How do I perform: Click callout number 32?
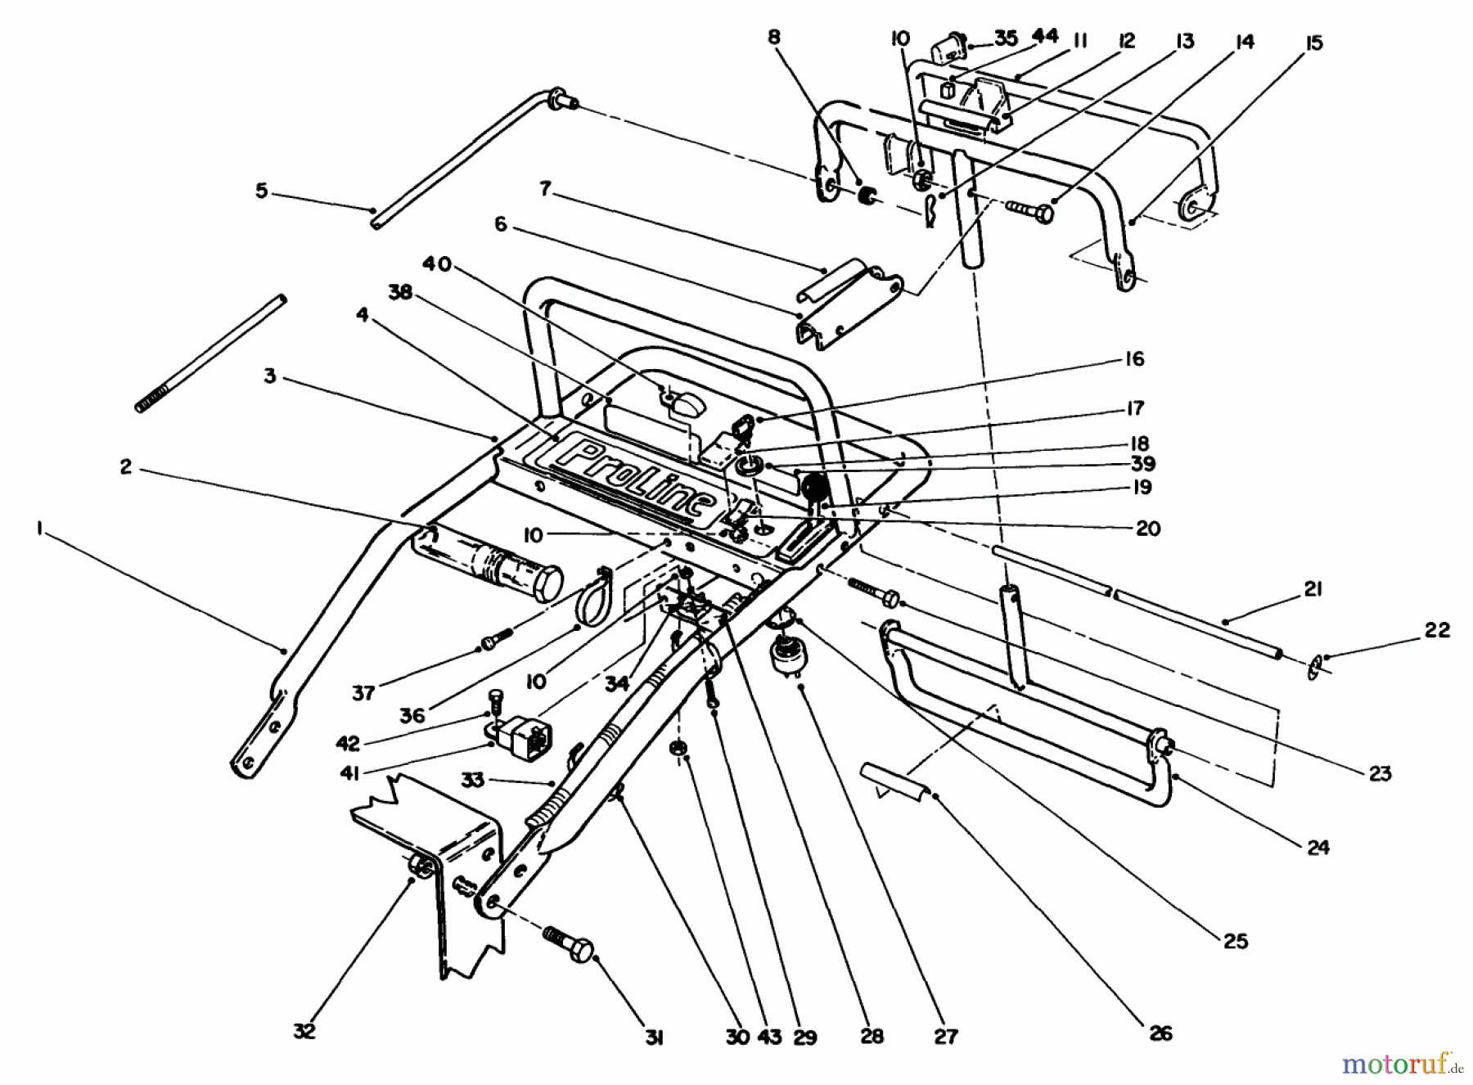(x=304, y=1031)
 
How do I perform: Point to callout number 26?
(x=1160, y=1033)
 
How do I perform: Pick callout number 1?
(x=38, y=529)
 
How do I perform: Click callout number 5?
(x=261, y=191)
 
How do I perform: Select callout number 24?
(x=1318, y=847)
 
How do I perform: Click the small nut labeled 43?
(x=677, y=750)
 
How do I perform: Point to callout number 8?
(x=773, y=37)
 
